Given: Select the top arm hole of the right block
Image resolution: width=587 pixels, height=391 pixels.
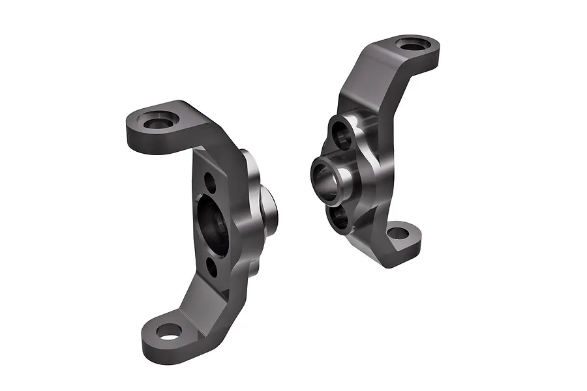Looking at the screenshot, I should [x=414, y=46].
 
